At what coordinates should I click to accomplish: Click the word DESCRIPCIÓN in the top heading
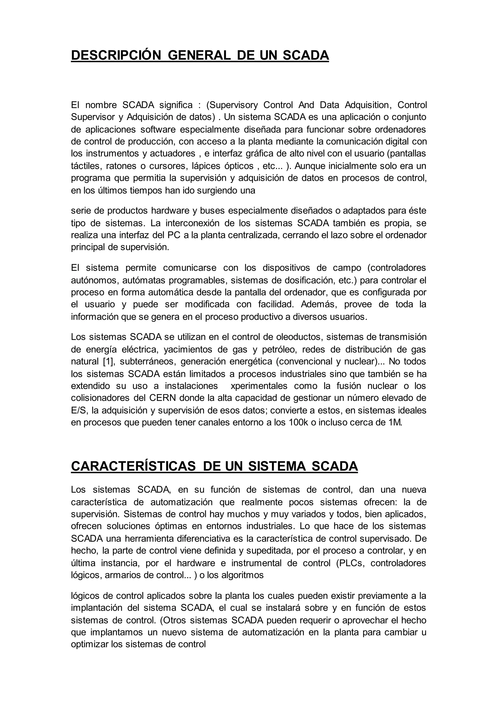coord(116,55)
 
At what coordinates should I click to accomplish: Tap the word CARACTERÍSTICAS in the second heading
coord(133,466)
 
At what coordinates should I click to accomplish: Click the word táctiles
coord(85,166)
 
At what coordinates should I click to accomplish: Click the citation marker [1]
coord(108,362)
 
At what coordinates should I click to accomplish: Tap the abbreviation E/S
coord(79,410)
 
